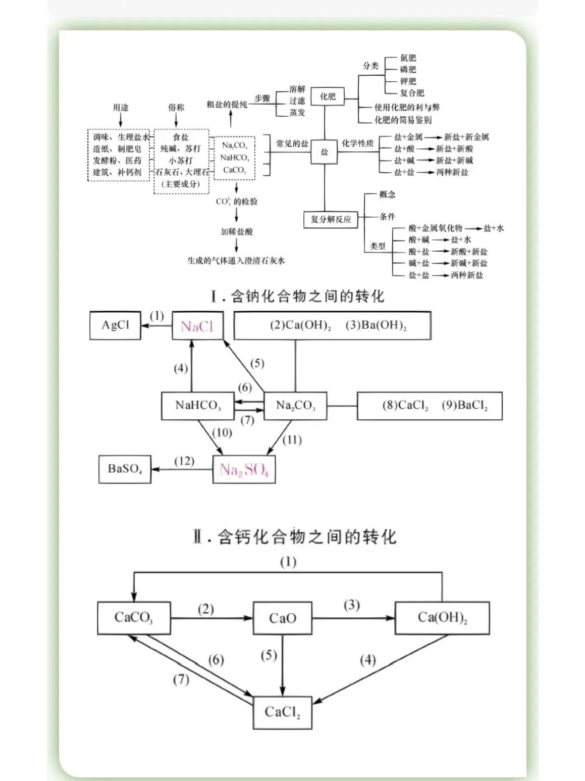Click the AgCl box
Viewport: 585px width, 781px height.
(115, 325)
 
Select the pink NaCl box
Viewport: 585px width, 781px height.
(197, 326)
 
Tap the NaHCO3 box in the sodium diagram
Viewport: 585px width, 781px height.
(198, 406)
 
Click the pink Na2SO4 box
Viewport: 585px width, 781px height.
(244, 470)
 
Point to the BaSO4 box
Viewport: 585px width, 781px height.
(125, 469)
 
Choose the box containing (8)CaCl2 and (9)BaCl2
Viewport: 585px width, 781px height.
(430, 406)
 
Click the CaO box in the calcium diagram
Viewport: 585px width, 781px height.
(282, 618)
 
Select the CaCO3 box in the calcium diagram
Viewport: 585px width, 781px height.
(134, 618)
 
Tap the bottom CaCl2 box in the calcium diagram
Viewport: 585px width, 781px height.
(282, 712)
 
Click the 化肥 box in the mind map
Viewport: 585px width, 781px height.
(328, 96)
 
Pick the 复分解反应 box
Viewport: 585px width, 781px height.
(331, 219)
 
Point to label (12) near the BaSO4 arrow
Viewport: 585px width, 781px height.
(184, 461)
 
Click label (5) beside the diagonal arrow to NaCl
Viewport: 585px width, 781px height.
(257, 363)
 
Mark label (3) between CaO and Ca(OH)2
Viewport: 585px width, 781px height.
(352, 605)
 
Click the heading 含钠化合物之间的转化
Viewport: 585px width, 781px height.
(298, 297)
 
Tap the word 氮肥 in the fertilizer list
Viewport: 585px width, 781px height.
(408, 58)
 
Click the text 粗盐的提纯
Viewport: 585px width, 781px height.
(227, 104)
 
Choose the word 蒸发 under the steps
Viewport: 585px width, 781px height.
(297, 113)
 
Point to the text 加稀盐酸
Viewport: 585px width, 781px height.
(236, 232)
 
